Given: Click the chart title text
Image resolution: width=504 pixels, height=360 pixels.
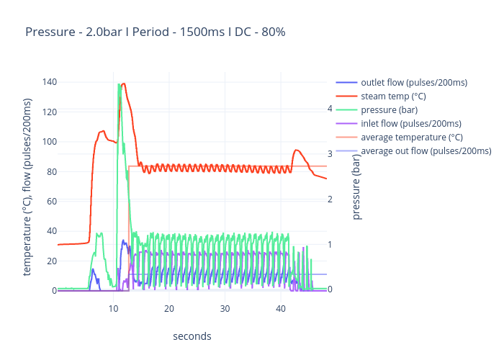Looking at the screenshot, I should tap(155, 32).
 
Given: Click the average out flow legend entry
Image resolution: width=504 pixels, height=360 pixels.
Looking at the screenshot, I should tap(426, 150).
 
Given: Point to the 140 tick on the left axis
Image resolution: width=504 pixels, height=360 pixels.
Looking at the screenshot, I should tap(50, 81).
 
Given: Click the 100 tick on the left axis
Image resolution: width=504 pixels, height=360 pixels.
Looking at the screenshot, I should tap(50, 141).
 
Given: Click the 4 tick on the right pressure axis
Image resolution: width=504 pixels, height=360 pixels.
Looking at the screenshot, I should tap(330, 108).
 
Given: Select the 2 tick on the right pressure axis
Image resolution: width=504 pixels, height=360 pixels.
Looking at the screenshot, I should tap(330, 199).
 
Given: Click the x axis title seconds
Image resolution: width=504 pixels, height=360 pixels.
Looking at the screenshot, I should tap(192, 336).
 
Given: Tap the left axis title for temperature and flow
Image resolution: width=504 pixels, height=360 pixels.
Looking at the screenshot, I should tap(27, 187).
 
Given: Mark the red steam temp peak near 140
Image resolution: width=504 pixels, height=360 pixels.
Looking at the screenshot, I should tap(124, 84).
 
